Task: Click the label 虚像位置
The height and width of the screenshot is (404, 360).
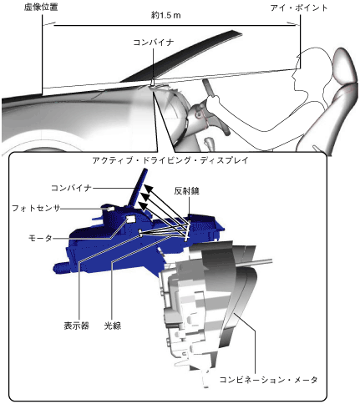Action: [41, 8]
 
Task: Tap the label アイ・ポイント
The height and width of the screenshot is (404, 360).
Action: [299, 8]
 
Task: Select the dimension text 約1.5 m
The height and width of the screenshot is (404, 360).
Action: [166, 16]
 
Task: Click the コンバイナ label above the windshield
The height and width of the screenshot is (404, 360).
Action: [154, 43]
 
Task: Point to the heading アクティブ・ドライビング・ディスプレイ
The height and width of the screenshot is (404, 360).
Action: [170, 160]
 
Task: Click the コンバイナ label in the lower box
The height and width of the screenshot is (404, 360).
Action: [71, 189]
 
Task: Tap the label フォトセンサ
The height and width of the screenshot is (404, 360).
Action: [36, 208]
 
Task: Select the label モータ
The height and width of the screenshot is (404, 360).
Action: [40, 239]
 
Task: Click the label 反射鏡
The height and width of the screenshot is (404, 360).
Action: [187, 191]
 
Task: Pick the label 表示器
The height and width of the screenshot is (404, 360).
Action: [77, 326]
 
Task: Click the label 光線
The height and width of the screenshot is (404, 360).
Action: [113, 326]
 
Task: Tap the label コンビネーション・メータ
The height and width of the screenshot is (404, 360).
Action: [268, 380]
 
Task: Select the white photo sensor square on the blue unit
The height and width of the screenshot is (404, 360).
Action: [110, 209]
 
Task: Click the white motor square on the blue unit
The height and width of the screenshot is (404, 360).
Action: [130, 219]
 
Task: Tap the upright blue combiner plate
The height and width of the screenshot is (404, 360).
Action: [137, 189]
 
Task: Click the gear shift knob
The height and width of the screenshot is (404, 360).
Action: [209, 142]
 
